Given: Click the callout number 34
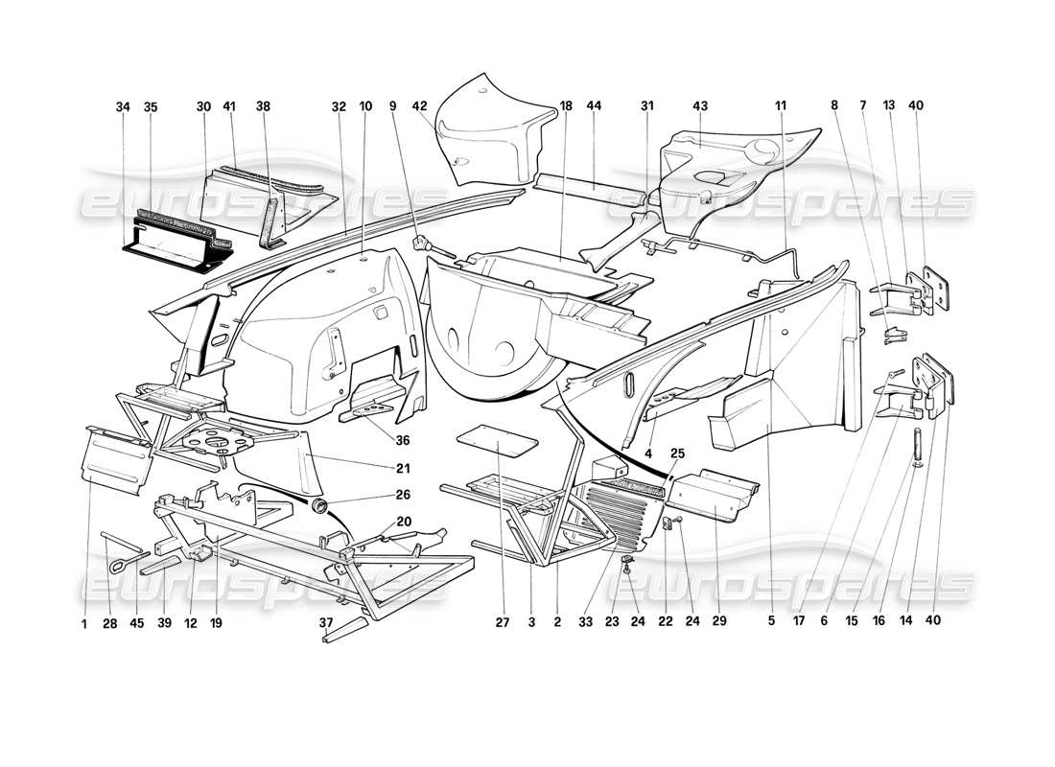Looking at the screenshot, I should (x=122, y=107).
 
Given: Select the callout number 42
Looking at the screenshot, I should (x=419, y=107).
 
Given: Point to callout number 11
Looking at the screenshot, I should (x=779, y=107).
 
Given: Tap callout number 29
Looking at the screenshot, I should (x=719, y=620).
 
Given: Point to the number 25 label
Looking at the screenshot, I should (x=678, y=453).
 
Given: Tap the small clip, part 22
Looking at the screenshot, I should (x=670, y=524).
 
